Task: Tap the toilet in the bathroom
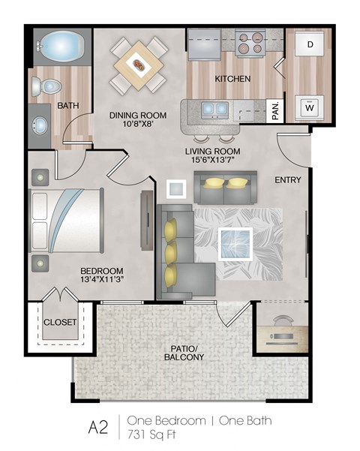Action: tap(46, 86)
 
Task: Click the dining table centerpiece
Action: tap(140, 66)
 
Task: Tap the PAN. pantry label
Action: tap(275, 110)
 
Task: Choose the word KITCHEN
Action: tap(232, 79)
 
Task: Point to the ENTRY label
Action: tap(289, 180)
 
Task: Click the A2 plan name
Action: tap(98, 427)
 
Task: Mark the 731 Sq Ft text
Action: tap(155, 433)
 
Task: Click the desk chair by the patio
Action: tap(281, 323)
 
